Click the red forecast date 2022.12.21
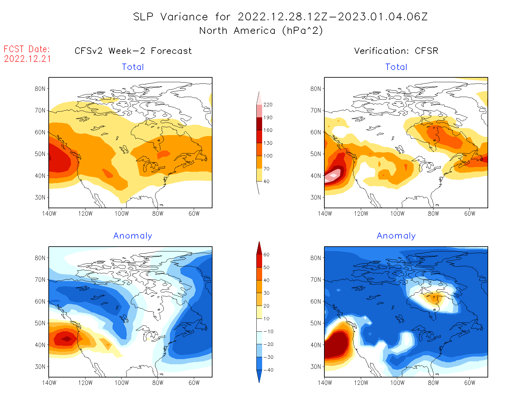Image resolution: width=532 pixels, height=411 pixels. [27, 59]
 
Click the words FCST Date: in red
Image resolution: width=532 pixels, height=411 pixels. [27, 49]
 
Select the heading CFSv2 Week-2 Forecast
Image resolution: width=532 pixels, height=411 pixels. [133, 51]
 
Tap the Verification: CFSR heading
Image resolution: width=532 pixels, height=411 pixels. [396, 51]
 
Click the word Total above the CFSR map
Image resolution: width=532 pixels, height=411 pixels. [396, 67]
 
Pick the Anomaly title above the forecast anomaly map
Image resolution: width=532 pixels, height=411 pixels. [133, 236]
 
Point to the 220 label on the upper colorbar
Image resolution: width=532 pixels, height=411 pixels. [268, 105]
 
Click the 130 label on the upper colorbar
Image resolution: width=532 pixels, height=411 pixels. [268, 143]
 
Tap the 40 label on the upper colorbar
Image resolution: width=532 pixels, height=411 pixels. [266, 181]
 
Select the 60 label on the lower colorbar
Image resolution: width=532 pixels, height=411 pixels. [266, 255]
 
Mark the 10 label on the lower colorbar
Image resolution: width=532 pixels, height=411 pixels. [266, 319]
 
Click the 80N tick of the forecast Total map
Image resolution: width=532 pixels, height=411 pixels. [40, 89]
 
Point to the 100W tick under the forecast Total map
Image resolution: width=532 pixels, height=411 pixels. [122, 213]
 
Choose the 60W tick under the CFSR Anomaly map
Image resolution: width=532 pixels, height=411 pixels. [469, 383]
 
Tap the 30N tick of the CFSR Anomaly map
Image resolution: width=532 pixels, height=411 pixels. [316, 367]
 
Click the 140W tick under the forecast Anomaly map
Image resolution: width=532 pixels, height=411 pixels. [49, 383]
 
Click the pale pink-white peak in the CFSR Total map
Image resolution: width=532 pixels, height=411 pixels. [333, 175]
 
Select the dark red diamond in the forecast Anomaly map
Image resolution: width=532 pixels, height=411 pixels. [67, 339]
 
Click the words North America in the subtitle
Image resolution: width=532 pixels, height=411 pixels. [237, 31]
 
